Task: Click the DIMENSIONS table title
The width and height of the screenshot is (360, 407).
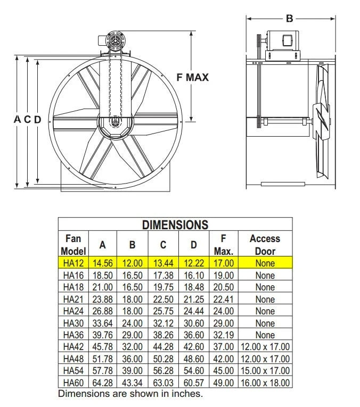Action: [175, 225]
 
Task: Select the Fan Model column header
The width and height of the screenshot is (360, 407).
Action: [73, 245]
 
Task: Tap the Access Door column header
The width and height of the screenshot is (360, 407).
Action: [265, 245]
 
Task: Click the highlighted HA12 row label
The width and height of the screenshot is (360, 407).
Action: [73, 263]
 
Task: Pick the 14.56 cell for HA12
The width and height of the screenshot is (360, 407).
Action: [103, 263]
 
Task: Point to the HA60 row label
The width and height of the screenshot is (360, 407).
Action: [73, 383]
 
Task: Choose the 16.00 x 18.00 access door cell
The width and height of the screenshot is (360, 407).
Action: [265, 383]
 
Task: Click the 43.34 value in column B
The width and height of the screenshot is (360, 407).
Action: [132, 383]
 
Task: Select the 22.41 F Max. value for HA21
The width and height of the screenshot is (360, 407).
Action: [224, 299]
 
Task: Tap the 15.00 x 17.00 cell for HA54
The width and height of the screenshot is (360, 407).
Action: [265, 371]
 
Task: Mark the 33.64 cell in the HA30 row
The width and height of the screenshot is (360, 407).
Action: [103, 323]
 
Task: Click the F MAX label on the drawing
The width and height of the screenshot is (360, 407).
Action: [193, 78]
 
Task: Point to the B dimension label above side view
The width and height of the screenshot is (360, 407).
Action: [290, 19]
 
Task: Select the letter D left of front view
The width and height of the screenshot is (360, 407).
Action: [37, 120]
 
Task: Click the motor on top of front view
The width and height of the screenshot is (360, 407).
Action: [113, 41]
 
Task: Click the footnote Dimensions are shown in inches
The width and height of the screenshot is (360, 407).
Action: [130, 394]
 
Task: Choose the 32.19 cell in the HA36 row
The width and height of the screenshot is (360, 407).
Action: [224, 335]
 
